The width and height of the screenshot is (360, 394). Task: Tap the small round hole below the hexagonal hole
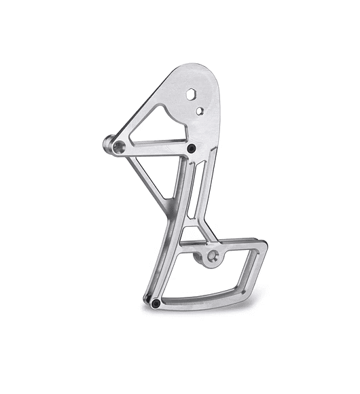click(x=199, y=109)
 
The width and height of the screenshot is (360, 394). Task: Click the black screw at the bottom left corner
click(x=156, y=302)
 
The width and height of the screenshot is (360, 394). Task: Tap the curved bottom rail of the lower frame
click(x=204, y=299)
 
